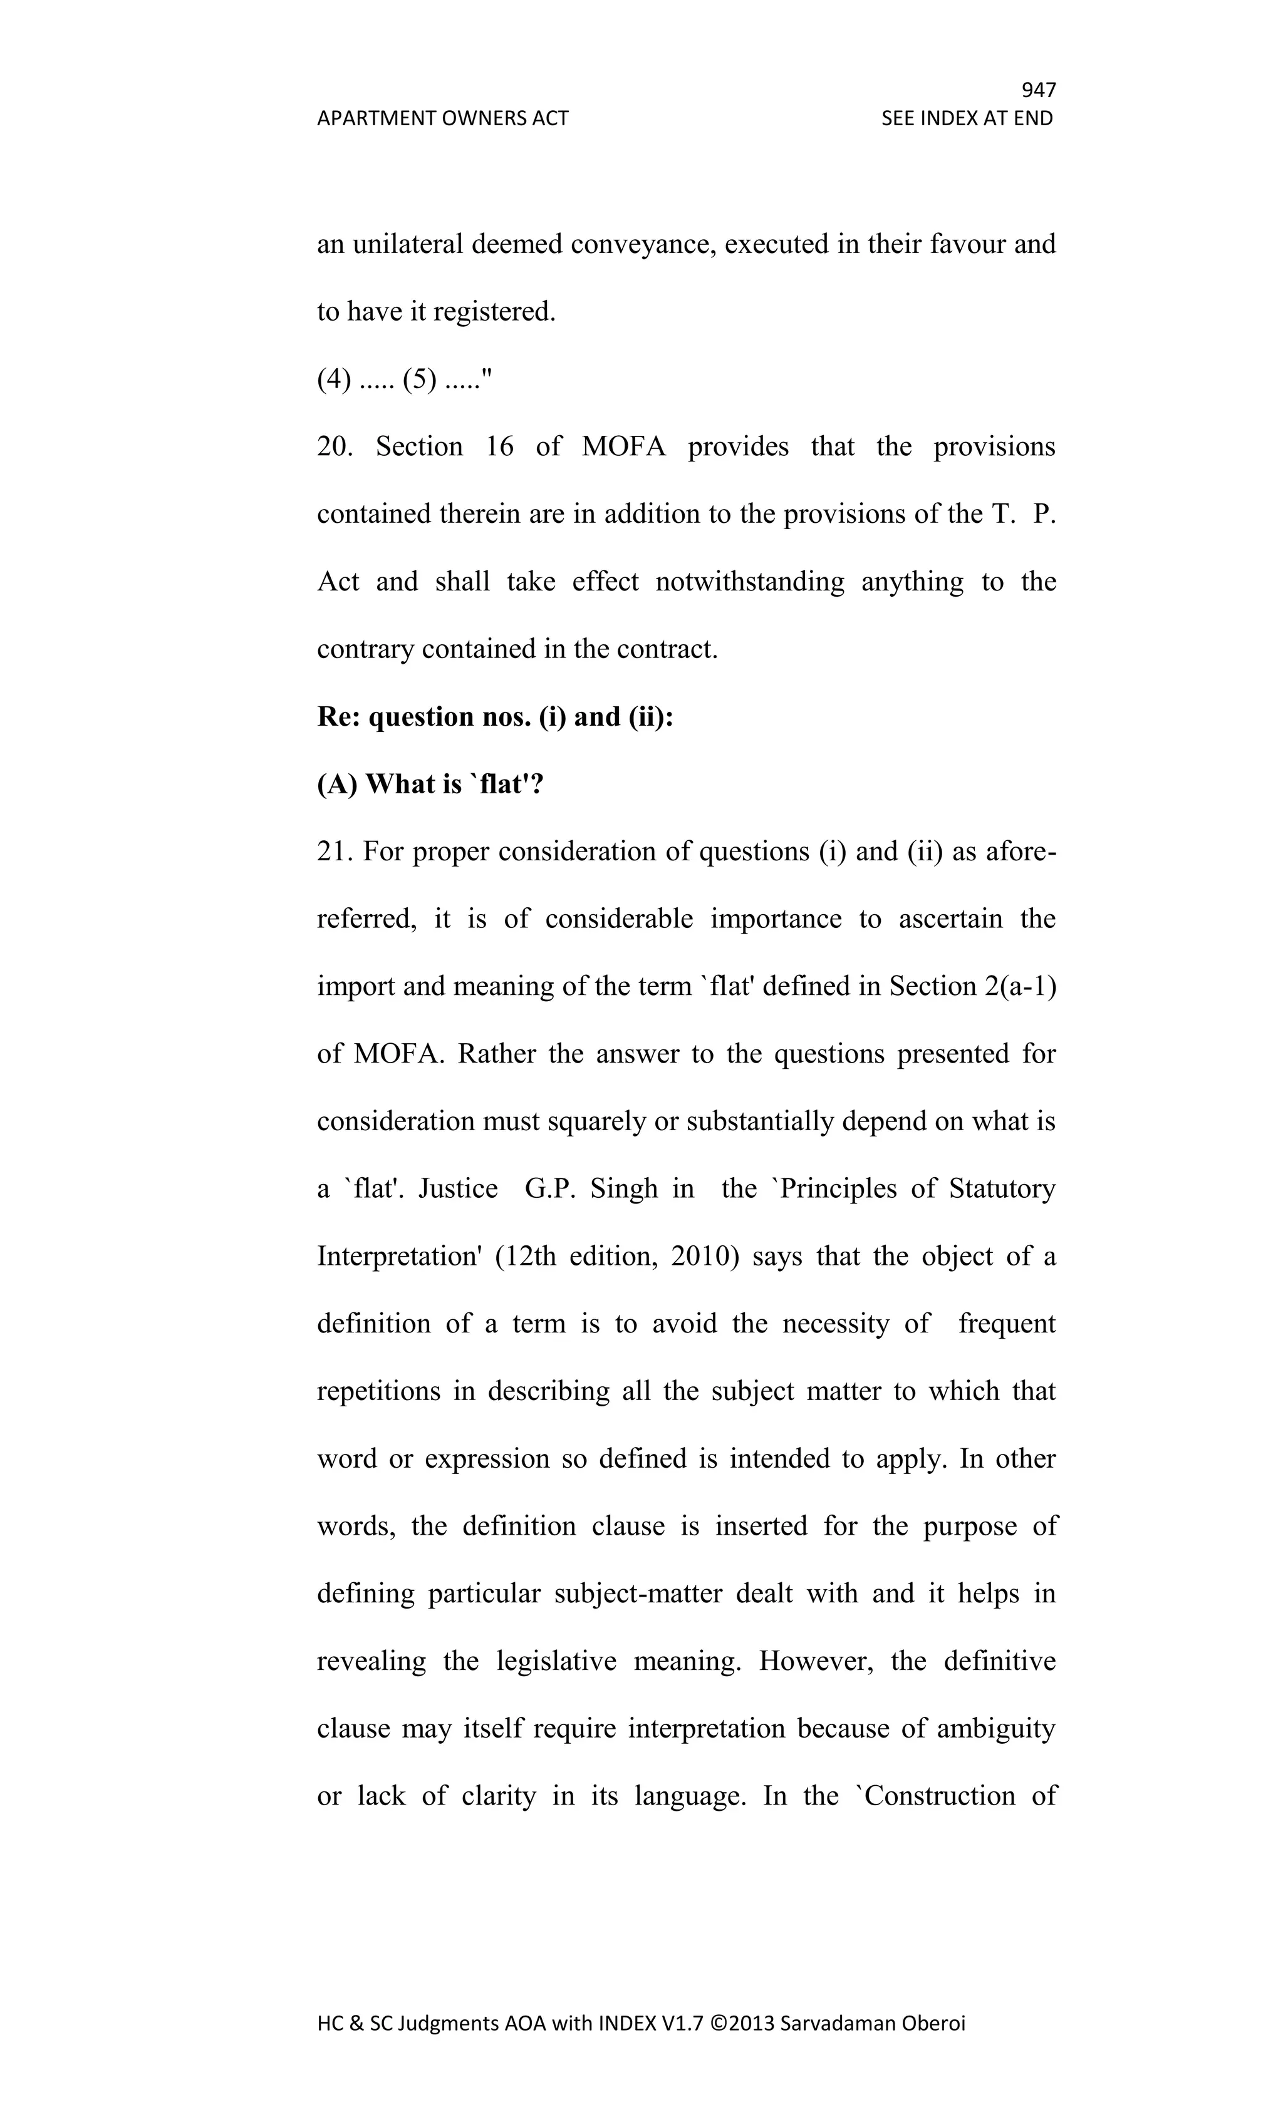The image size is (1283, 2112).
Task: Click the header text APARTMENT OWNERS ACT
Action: tap(442, 118)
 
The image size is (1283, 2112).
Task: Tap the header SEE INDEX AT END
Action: tap(967, 118)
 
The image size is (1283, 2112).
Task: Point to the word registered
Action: tap(494, 312)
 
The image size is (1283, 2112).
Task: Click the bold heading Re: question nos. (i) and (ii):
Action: tap(495, 716)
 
